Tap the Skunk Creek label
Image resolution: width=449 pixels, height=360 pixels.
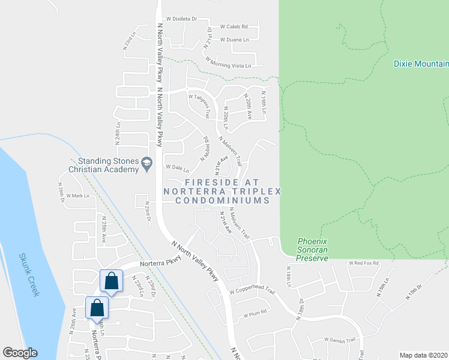pyautogui.click(x=29, y=274)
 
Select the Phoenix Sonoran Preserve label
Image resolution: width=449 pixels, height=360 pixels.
pyautogui.click(x=313, y=250)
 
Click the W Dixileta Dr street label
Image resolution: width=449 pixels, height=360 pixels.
pyautogui.click(x=181, y=19)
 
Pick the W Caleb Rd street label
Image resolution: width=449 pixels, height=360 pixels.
pyautogui.click(x=238, y=27)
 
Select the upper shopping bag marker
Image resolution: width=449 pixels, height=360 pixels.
pyautogui.click(x=112, y=281)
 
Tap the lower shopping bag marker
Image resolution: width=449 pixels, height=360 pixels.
pyautogui.click(x=97, y=308)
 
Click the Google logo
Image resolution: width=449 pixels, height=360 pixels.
pyautogui.click(x=20, y=353)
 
